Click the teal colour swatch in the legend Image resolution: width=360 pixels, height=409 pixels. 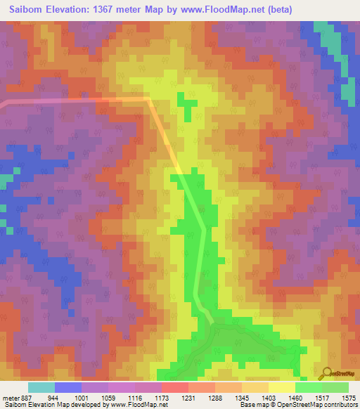pos(41,387)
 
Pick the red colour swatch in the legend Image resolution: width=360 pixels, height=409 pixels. pos(174,387)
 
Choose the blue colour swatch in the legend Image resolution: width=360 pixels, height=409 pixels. pos(67,387)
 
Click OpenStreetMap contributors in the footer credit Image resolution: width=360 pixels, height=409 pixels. pos(327,405)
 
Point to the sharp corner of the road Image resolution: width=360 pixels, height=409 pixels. pos(148,100)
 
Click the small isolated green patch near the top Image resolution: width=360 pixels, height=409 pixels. pos(186,106)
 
